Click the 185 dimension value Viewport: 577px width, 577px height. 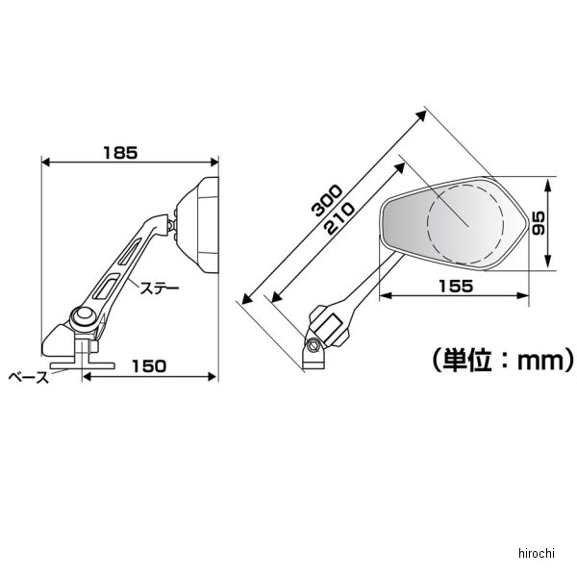tap(120, 153)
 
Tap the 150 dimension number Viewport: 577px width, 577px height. tap(149, 366)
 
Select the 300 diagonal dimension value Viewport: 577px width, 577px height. tap(327, 200)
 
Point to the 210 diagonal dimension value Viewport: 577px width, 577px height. tap(340, 219)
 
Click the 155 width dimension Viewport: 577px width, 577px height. tap(456, 286)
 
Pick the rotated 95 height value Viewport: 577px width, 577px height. tap(538, 223)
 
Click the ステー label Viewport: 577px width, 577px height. tap(160, 288)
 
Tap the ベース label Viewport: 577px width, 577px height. tap(29, 377)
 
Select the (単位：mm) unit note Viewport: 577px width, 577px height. tap(503, 360)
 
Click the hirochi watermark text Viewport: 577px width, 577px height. tap(537, 553)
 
